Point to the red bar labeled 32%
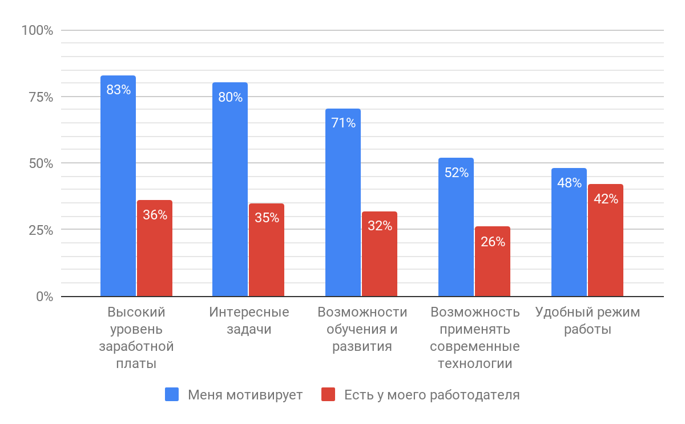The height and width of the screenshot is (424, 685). coord(380,254)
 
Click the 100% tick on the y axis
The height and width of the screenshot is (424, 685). coord(37,30)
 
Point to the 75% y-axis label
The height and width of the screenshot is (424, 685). coord(41,97)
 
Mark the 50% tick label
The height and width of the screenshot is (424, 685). coord(41,163)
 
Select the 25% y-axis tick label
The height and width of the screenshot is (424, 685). coord(41,230)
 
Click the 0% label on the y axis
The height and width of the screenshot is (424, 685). coord(43,297)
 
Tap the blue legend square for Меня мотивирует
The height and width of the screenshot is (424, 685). coord(172,394)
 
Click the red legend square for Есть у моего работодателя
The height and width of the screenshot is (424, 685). coord(328,394)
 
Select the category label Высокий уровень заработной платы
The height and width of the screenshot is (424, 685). coord(136,338)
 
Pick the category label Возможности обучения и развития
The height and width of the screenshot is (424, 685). coord(362,329)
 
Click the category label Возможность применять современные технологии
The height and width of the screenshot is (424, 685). coord(475,338)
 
